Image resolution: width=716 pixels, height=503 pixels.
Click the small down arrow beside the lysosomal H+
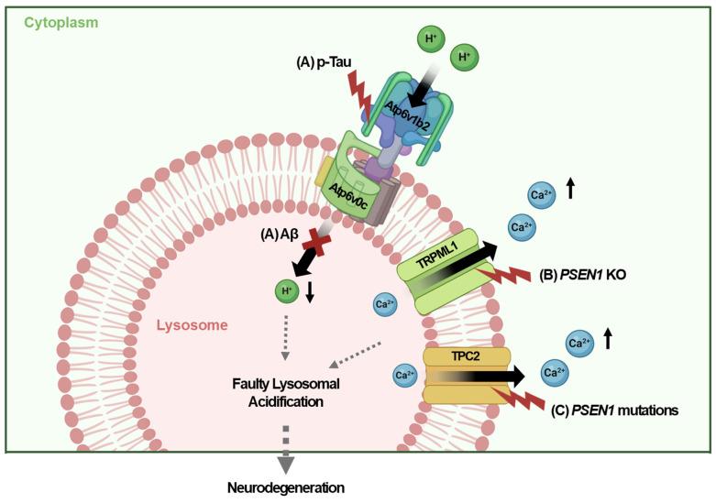tap(314, 294)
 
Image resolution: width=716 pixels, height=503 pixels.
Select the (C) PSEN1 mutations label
tap(615, 411)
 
